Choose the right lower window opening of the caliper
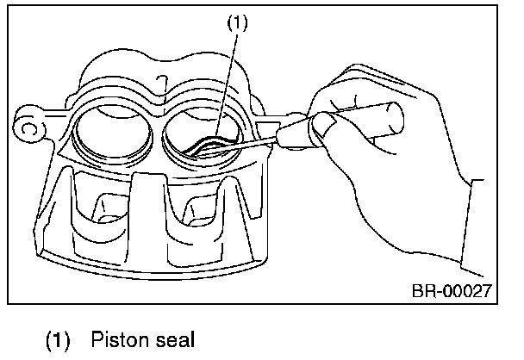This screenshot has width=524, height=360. click(200, 211)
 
